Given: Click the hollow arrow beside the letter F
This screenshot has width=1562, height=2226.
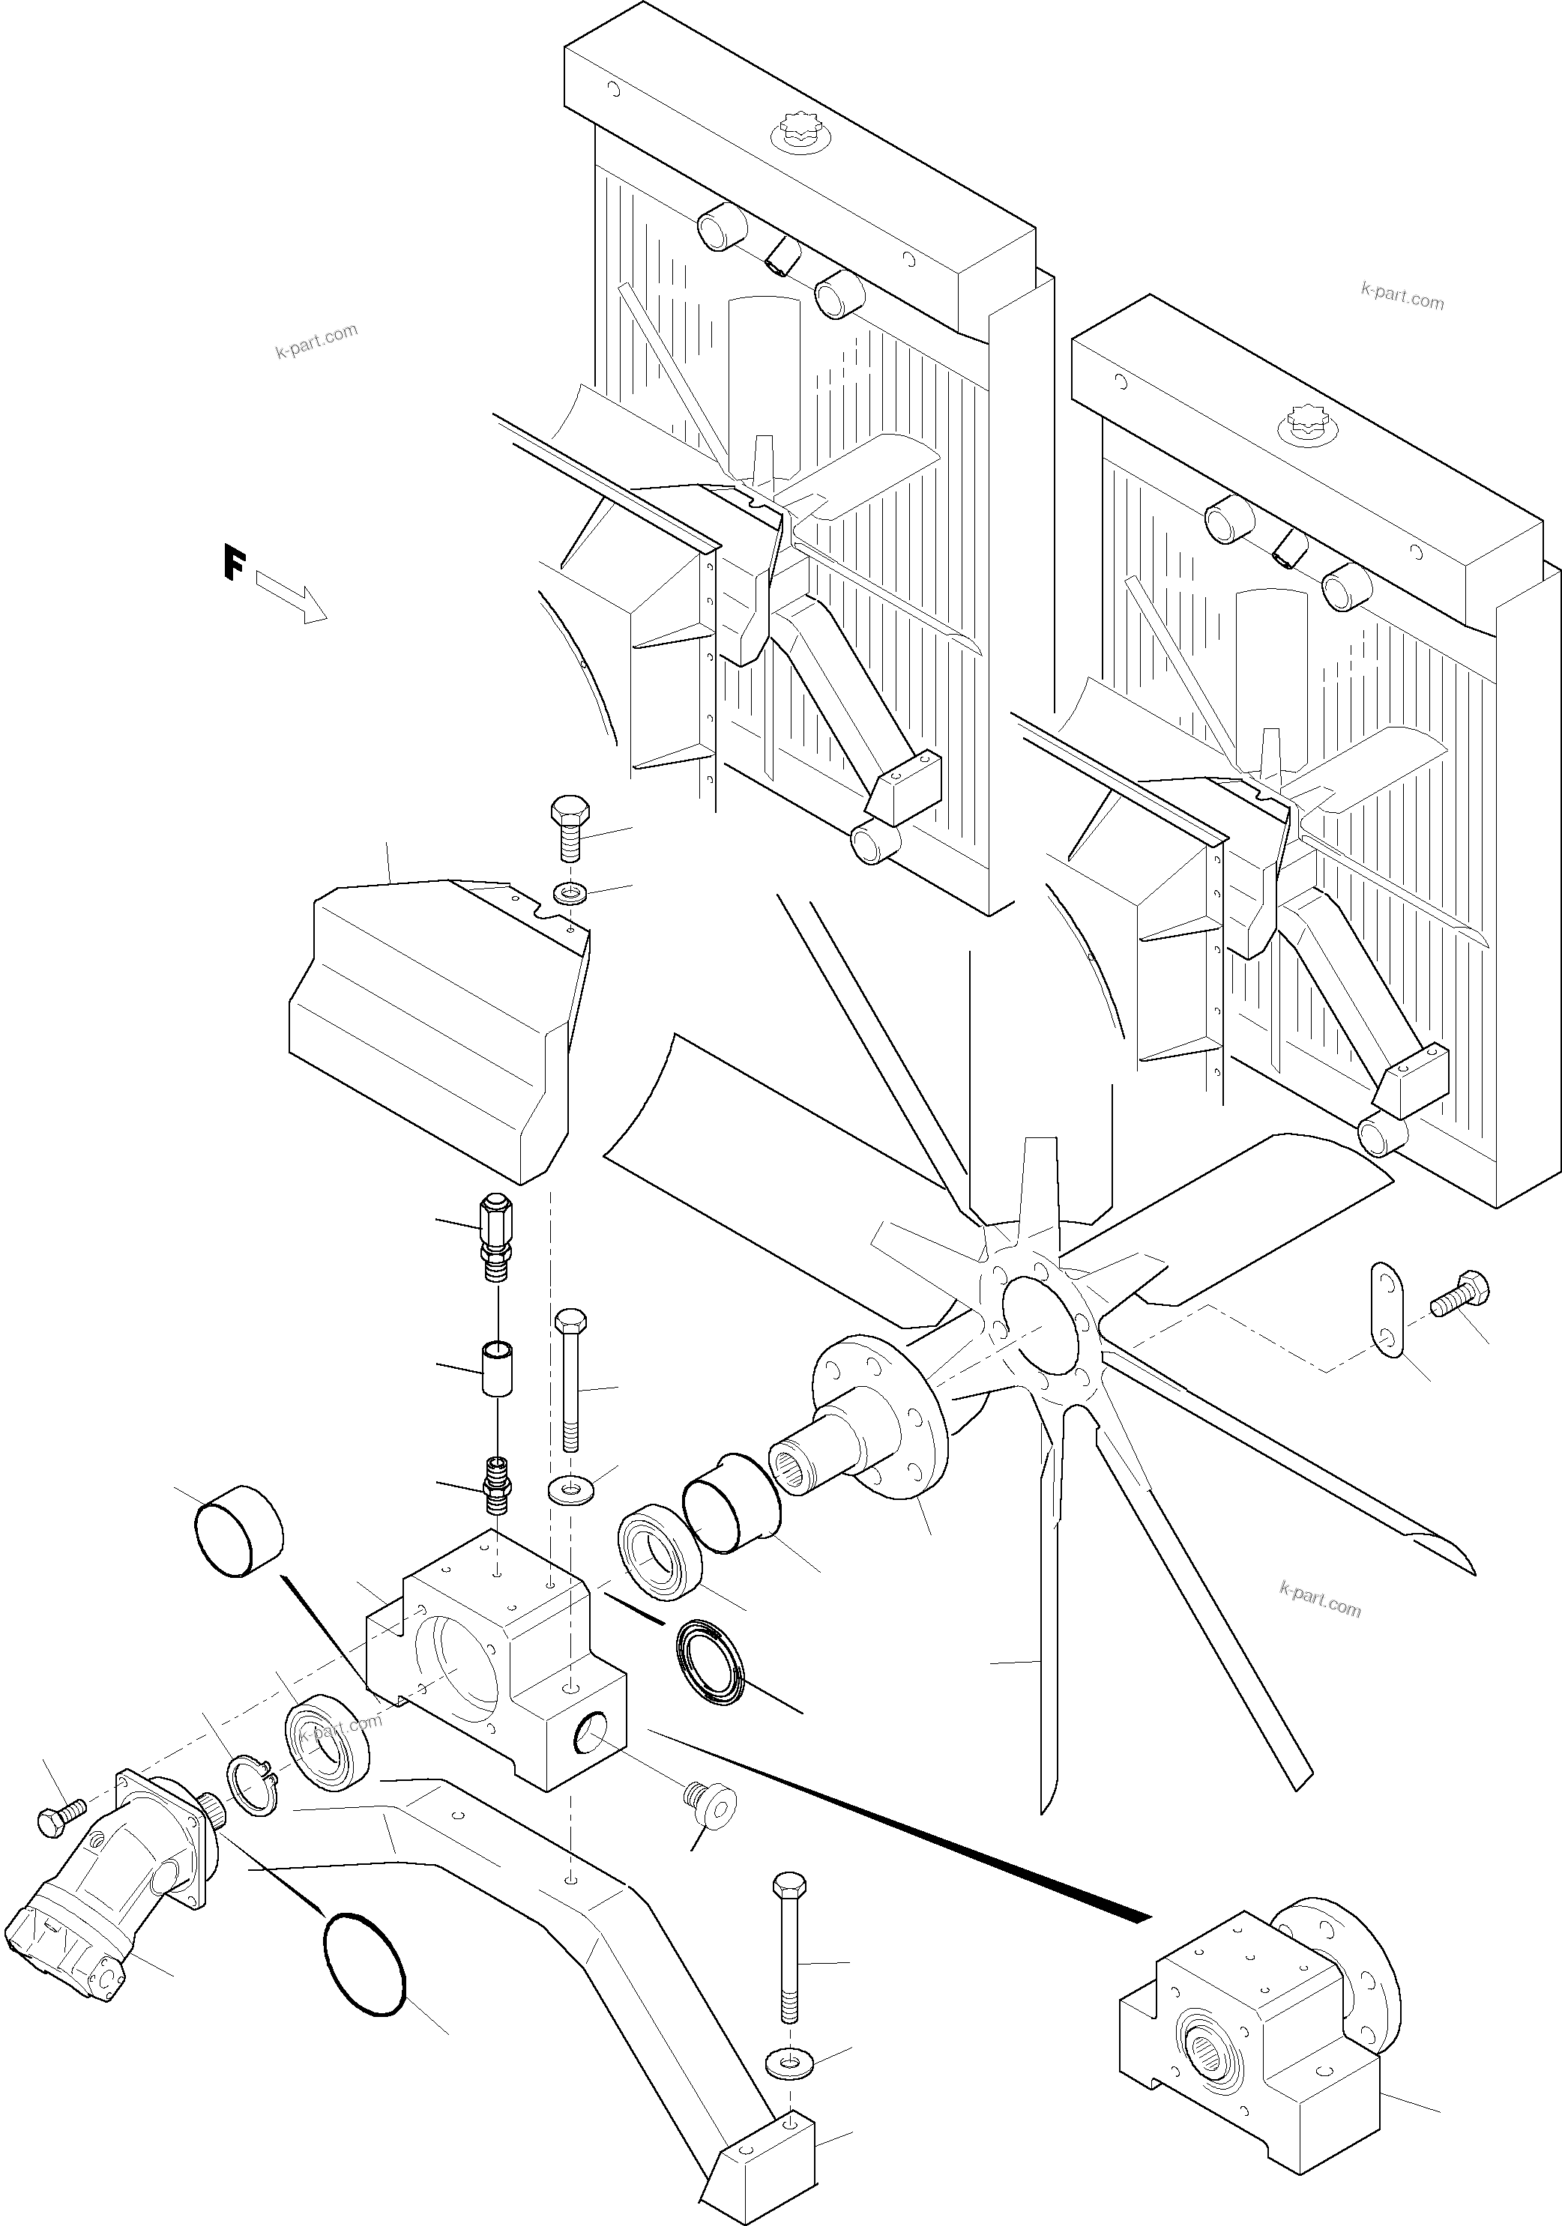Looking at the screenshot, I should (x=291, y=596).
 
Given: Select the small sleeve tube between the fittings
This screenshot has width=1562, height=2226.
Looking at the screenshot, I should (x=498, y=1368).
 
